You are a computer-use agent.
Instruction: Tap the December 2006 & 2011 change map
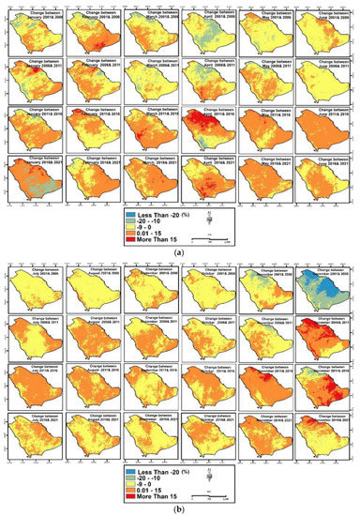[x=324, y=338]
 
